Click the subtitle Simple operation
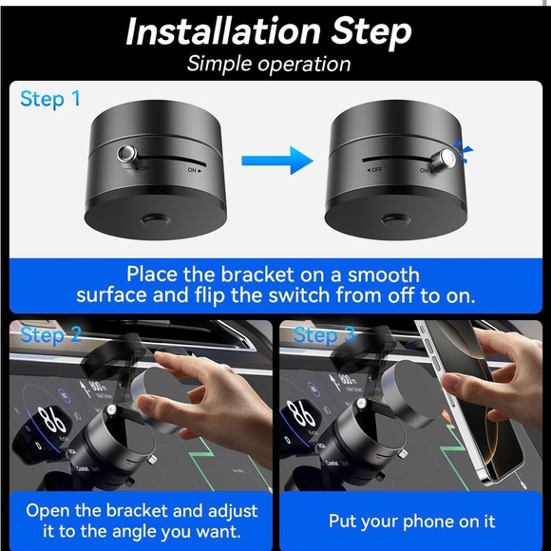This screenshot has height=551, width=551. click(269, 64)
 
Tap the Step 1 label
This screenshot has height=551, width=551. click(50, 98)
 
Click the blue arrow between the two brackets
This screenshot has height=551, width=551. click(276, 160)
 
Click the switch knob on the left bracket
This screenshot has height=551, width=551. click(124, 155)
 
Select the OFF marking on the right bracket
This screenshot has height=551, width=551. click(371, 168)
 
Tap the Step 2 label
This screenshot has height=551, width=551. click(52, 334)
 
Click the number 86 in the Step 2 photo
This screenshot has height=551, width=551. click(49, 420)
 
